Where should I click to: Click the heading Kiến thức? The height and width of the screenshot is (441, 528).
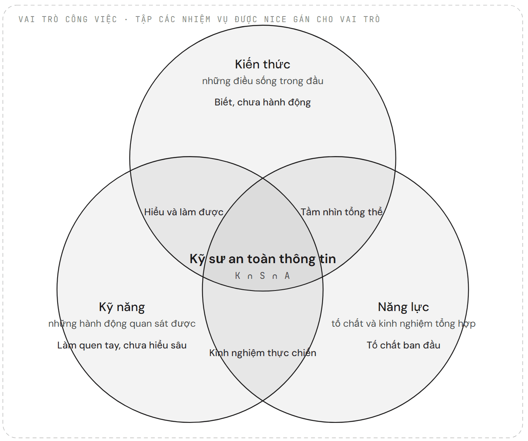tap(263, 64)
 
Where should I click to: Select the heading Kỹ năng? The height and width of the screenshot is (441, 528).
tap(122, 307)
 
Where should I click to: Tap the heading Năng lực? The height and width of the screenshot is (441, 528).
tap(403, 307)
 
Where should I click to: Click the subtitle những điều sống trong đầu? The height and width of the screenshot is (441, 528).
tap(263, 81)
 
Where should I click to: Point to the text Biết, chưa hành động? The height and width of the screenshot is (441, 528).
tap(263, 102)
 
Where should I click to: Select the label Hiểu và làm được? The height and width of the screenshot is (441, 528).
tap(184, 212)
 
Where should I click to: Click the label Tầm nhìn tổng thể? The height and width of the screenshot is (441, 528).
tap(342, 212)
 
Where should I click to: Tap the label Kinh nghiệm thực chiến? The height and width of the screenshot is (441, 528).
tap(263, 353)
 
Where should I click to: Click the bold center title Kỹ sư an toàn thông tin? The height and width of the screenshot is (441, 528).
tap(263, 259)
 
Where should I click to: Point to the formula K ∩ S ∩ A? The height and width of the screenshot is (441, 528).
tap(263, 276)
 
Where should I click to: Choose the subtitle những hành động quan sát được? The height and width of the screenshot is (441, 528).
tap(122, 324)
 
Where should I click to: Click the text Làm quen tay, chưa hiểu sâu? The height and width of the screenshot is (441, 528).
tap(122, 346)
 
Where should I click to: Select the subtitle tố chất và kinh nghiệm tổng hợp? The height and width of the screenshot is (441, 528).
tap(403, 324)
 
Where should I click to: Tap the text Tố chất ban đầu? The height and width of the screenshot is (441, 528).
tap(403, 345)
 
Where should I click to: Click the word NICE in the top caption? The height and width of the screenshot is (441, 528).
tap(275, 19)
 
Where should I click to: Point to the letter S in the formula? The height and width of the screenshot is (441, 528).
tap(263, 276)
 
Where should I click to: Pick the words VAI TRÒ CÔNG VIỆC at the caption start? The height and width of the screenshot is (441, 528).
tap(68, 19)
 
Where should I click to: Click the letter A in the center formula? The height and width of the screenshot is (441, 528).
tap(287, 276)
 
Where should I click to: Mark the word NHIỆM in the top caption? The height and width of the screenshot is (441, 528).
tap(197, 19)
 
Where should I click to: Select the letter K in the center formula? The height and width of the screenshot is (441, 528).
tap(238, 276)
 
